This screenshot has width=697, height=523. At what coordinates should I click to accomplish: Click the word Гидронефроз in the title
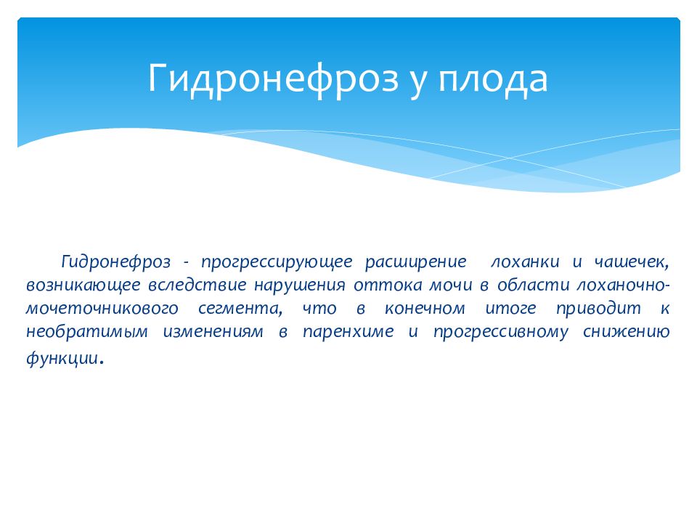pos(273,79)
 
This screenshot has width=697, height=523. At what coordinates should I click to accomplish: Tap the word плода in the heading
pos(493,80)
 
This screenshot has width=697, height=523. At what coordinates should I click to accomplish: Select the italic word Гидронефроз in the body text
pos(116,262)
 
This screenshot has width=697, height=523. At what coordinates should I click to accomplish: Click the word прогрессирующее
pos(277,262)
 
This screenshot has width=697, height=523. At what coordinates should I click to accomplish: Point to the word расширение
pos(416,262)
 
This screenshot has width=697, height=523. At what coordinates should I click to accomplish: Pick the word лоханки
pos(525,262)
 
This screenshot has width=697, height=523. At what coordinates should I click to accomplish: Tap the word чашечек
pos(631,262)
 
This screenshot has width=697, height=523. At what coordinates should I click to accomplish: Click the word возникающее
pos(83,285)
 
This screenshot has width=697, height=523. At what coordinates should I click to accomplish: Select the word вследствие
pos(197,285)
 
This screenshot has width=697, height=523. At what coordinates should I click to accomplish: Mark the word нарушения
pos(300,285)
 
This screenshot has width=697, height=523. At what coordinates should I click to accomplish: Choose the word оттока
pos(388,285)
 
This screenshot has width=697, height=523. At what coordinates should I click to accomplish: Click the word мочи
pos(450,285)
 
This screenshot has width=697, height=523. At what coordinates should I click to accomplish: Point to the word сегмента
pos(240,309)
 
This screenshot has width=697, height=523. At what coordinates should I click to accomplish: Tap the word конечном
pos(425,309)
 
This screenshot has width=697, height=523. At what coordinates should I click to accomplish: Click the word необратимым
pos(87,332)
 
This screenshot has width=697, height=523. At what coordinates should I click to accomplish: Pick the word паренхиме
pos(348,332)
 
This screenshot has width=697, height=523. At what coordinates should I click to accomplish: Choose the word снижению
pos(626,332)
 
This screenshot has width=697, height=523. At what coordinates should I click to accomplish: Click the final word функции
pos(62,358)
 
